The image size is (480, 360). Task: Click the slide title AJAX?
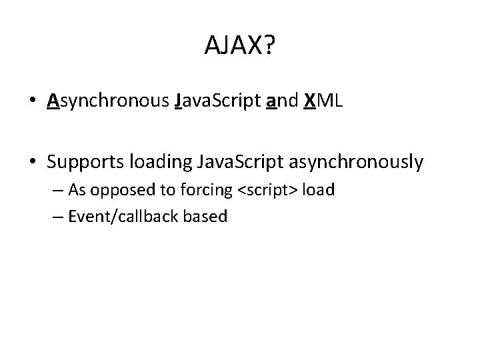(x=240, y=45)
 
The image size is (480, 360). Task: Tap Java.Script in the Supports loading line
(x=231, y=162)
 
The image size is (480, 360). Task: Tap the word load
(x=318, y=190)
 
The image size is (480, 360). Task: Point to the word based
(x=207, y=217)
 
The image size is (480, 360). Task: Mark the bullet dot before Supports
(x=32, y=163)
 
